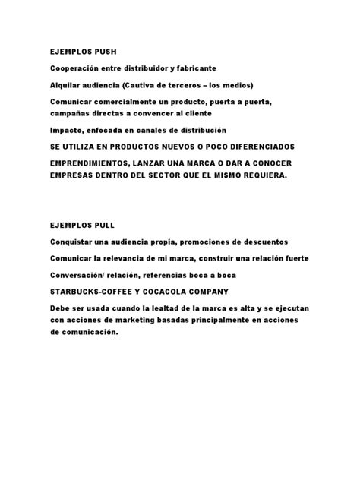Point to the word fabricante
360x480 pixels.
(x=191, y=68)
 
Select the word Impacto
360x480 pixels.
(x=67, y=130)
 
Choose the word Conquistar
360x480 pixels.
(x=74, y=242)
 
